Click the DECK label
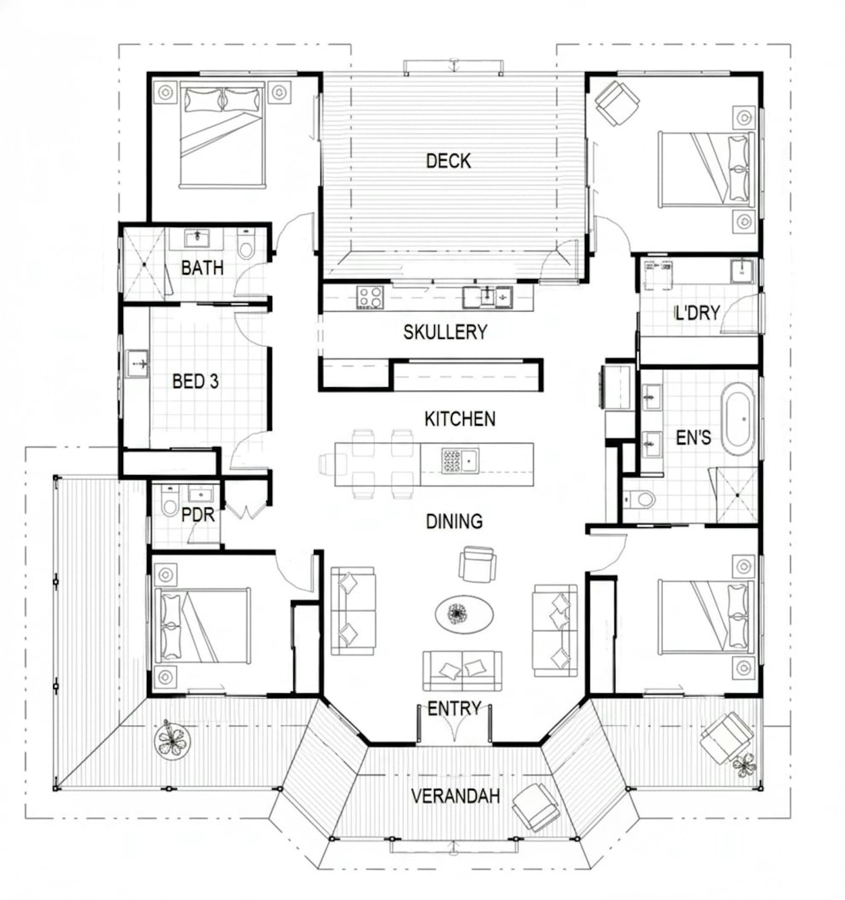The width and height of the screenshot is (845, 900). click(448, 161)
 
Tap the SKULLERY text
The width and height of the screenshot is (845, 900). click(445, 332)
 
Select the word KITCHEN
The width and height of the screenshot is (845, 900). click(459, 419)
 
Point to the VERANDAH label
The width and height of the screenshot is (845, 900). click(455, 796)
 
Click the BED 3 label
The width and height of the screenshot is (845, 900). click(195, 381)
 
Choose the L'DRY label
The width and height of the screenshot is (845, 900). click(697, 313)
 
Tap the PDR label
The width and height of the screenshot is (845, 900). click(198, 515)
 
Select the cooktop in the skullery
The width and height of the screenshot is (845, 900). click(369, 297)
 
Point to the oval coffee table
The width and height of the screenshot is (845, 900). click(464, 614)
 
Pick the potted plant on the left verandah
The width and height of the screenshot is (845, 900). click(172, 740)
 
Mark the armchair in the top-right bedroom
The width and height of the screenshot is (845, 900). click(617, 103)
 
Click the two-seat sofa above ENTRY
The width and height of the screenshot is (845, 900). click(462, 670)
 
